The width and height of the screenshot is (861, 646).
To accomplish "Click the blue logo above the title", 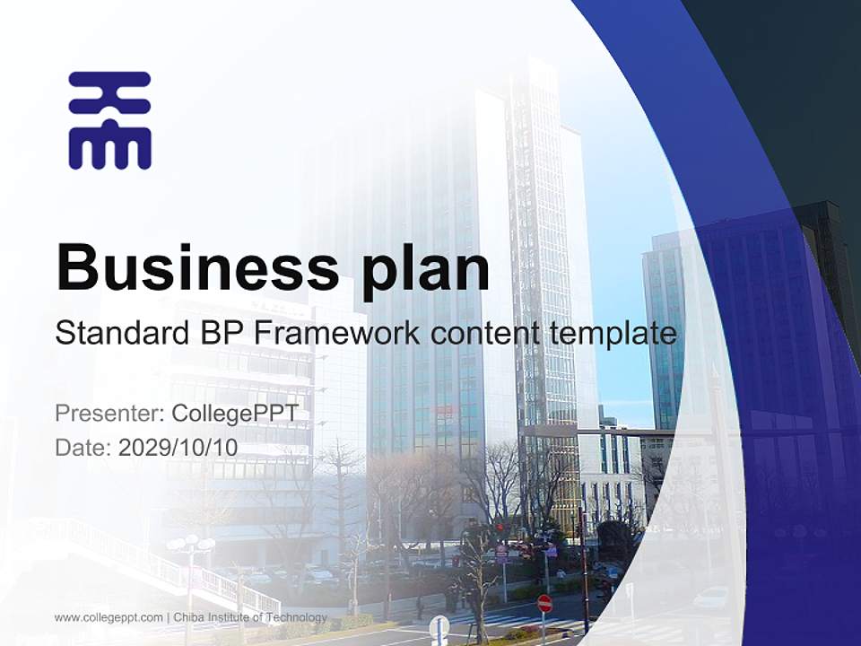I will coord(109,120).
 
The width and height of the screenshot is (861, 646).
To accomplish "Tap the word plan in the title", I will coord(426,269).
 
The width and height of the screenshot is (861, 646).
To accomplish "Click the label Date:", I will coord(83,447).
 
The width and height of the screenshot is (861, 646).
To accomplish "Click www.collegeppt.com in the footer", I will coord(109,617).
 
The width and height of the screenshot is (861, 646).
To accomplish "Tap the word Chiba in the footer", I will coord(190,617).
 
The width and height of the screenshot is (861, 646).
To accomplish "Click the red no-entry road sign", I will coord(544,603).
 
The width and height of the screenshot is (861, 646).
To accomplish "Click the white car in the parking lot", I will coord(714,597).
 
